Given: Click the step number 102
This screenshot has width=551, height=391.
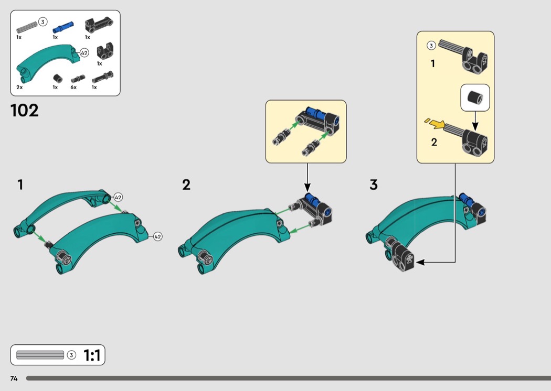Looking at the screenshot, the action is coord(24,110).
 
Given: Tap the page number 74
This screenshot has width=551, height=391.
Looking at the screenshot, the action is coord(14,378).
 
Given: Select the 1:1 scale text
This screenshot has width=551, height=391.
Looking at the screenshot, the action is coord(92,355).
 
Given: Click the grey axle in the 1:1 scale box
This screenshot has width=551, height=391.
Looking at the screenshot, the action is coord(40,355).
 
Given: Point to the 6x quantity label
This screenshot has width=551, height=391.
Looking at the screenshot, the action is coord(73,87).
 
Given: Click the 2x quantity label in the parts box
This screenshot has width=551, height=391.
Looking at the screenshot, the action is coord(19,87).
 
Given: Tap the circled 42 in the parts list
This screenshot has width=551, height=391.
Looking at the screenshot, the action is coord(84,53).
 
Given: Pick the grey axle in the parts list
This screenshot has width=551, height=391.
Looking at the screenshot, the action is coord(27,27).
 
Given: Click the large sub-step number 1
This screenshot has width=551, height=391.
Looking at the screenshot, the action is coord(20,184).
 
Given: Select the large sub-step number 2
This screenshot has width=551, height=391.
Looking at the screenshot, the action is coord(186,184).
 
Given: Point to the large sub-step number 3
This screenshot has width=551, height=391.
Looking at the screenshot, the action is coord(374,184).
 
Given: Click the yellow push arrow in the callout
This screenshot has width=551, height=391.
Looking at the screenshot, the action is coord(435,123).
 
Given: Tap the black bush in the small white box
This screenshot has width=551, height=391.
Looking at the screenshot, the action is coord(475,97).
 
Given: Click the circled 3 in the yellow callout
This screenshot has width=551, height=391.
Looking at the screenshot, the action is coord(431,46).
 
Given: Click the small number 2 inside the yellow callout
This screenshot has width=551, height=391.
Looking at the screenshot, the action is coord(434,142).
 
